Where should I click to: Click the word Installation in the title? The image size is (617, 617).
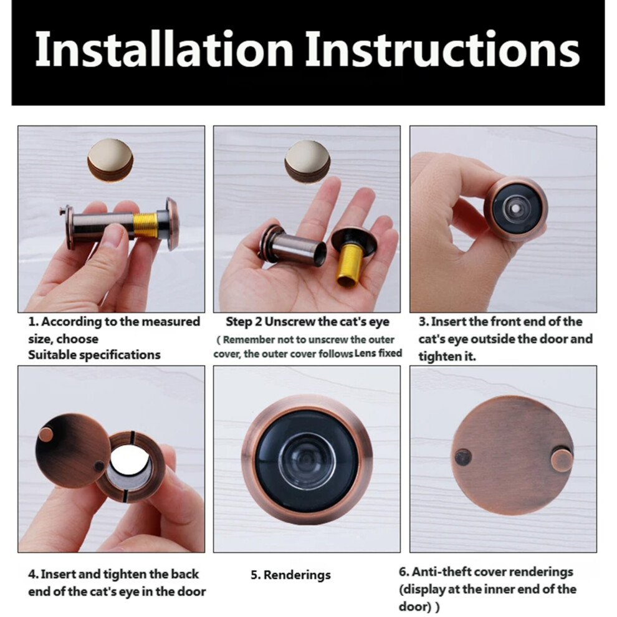[x=165, y=49]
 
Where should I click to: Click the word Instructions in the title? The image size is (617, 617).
[x=443, y=49]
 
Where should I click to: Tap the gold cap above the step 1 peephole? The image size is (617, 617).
[x=110, y=160]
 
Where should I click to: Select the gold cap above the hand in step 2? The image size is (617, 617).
[x=307, y=161]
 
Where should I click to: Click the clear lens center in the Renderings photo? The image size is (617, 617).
[x=307, y=459]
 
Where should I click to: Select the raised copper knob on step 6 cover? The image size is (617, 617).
[x=562, y=461]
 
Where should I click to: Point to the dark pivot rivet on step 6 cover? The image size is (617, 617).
[x=462, y=457]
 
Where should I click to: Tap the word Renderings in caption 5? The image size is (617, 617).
[x=297, y=575]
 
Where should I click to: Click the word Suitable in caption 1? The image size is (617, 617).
[x=53, y=355]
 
